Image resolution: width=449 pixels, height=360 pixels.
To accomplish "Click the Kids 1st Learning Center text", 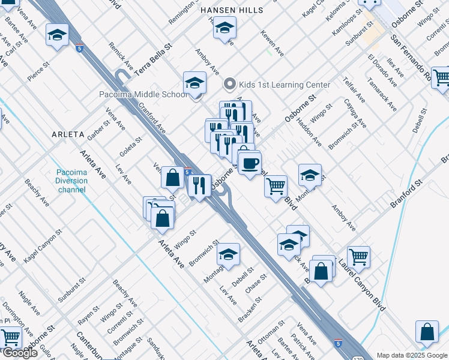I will (x=285, y=85).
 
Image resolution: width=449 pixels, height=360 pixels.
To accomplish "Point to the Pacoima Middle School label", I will (x=143, y=94).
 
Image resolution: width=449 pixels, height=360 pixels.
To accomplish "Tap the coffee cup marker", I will (x=249, y=162).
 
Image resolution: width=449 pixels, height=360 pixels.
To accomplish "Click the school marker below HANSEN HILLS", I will (x=224, y=28).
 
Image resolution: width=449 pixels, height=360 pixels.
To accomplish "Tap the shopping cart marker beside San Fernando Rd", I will (x=441, y=77).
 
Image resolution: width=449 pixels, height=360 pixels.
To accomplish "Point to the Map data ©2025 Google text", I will (x=411, y=355).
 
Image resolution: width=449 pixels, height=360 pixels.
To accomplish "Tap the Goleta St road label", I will (x=130, y=147).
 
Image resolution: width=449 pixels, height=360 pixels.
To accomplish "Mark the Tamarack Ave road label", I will (x=382, y=95).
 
